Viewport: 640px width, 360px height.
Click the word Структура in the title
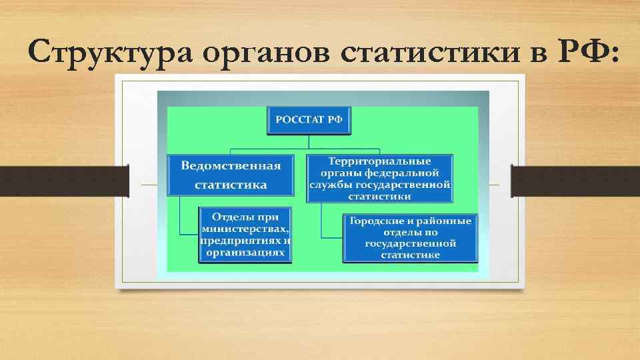click(x=103, y=52)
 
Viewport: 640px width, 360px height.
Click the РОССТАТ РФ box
click(x=309, y=120)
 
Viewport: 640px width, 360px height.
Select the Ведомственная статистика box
click(x=231, y=175)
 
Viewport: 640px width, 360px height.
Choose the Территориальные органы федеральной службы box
click(x=380, y=179)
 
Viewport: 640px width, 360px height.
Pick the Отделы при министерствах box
click(x=245, y=235)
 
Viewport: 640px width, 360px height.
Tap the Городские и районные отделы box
click(x=411, y=237)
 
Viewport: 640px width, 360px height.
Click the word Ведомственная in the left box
click(x=231, y=165)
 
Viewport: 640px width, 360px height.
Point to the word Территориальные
click(x=380, y=161)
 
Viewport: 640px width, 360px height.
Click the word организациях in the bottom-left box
click(x=245, y=253)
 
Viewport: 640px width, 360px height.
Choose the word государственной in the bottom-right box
click(x=411, y=244)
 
